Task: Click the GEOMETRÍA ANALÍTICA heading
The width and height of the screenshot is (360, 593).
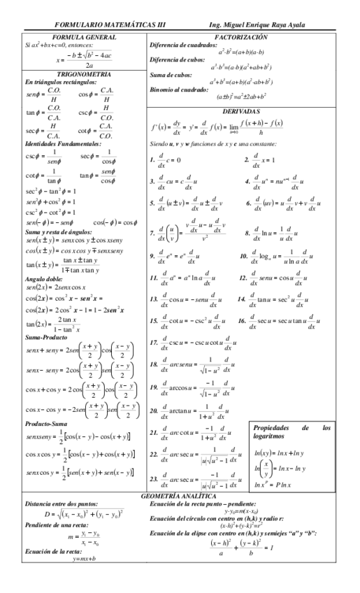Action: point(180,514)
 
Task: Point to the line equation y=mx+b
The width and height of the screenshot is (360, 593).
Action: point(84,578)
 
